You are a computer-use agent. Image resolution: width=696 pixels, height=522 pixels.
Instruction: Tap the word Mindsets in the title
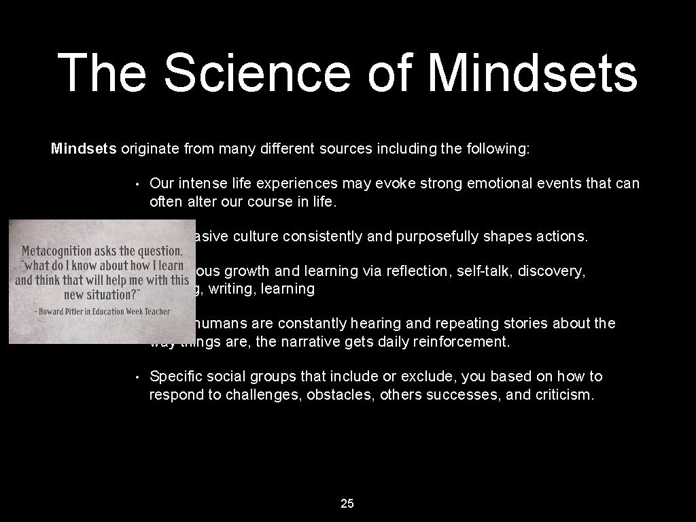click(534, 73)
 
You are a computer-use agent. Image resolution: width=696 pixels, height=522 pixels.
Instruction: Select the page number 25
click(347, 504)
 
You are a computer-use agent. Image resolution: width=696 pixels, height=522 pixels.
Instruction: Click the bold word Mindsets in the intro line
click(84, 149)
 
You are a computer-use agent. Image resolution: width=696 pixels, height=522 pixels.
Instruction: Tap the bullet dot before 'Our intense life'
click(137, 184)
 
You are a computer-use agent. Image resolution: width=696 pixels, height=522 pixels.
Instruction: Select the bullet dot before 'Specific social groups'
click(137, 377)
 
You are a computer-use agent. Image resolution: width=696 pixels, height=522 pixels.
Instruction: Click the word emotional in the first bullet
click(489, 184)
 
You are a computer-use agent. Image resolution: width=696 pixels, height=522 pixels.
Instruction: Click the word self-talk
click(485, 271)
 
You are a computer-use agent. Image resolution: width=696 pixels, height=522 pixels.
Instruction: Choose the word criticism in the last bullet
click(561, 395)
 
